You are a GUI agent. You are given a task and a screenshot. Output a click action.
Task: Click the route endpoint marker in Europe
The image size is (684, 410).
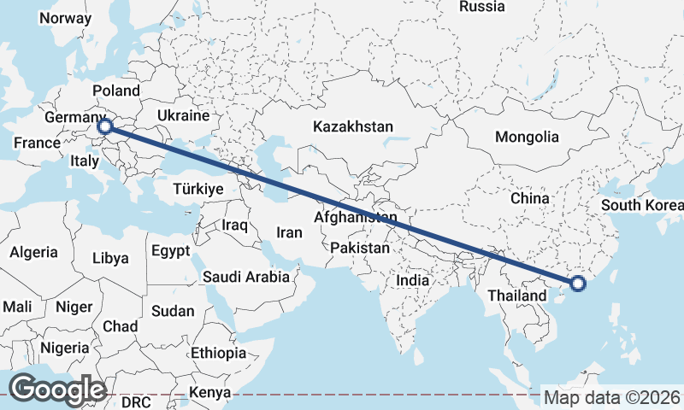point(105,126)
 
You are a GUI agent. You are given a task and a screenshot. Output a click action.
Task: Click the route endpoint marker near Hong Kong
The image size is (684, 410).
point(577,284)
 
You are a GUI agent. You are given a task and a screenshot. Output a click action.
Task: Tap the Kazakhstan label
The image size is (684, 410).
point(353,126)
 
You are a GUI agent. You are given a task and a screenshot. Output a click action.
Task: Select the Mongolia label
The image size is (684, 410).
point(527,137)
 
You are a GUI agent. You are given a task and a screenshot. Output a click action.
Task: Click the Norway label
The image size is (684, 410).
point(65,18)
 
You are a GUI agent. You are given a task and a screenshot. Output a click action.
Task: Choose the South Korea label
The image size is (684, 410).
point(642,205)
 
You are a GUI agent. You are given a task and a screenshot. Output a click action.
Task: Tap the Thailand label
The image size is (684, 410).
point(516,296)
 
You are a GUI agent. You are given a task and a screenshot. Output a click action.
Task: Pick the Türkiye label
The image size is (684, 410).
point(198,189)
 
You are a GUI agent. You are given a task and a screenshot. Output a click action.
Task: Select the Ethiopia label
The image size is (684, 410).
point(219,352)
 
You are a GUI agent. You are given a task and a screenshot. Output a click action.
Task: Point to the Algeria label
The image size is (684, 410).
point(34,252)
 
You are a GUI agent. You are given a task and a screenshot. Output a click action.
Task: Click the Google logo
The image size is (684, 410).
point(56,389)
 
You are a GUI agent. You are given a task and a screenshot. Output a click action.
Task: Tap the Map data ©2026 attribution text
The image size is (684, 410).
point(612,397)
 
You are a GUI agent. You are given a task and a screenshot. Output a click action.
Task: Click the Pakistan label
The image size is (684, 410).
point(360,249)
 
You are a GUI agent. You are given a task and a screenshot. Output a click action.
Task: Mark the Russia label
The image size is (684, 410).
point(481,7)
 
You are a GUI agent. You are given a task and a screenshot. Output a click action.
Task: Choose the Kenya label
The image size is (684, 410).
point(210,392)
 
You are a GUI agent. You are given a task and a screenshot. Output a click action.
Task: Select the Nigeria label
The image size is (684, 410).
point(65,348)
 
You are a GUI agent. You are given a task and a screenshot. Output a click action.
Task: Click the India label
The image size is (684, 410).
point(413,280)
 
